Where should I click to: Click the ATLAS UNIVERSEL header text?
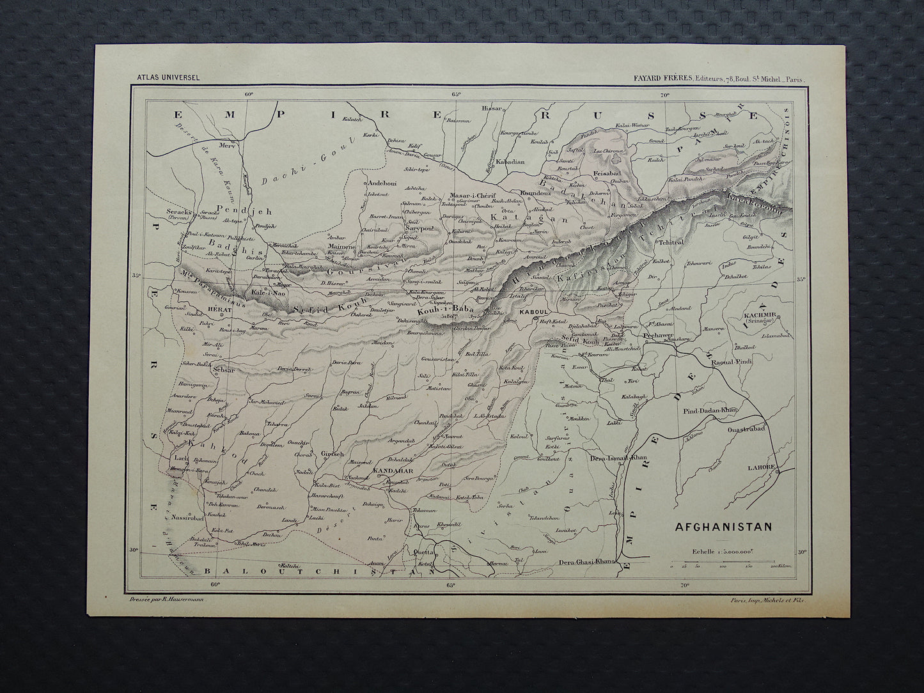pos(168,78)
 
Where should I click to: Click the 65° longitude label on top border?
pos(456,95)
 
